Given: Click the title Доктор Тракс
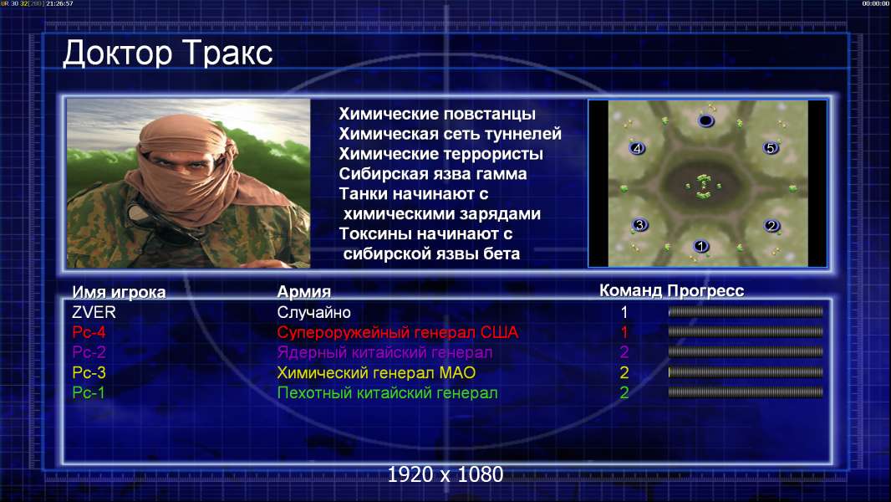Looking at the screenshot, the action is click(x=168, y=54).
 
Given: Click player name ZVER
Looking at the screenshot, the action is click(x=94, y=312).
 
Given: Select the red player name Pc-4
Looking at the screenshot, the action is click(x=89, y=332).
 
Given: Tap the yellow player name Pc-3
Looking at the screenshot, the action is click(x=89, y=372).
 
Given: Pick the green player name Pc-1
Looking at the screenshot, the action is click(x=89, y=392).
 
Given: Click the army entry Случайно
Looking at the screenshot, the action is click(x=313, y=312).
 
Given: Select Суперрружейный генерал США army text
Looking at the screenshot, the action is click(x=398, y=332).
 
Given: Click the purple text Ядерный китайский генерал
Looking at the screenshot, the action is click(x=384, y=352).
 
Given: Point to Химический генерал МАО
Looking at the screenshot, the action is click(x=376, y=372).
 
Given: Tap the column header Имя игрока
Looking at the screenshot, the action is click(x=119, y=292).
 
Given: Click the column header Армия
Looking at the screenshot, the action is click(x=304, y=292).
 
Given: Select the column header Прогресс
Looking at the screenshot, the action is click(x=705, y=291).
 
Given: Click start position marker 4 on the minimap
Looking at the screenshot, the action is click(x=637, y=148).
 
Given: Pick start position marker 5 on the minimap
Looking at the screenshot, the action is click(x=770, y=148).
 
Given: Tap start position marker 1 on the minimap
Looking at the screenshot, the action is click(x=700, y=246).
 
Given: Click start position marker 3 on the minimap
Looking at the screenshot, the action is click(x=639, y=224).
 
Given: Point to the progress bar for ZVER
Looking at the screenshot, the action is click(x=746, y=311).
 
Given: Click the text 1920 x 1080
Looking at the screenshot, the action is click(x=445, y=474).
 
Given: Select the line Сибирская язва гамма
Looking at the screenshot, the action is click(x=433, y=174).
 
